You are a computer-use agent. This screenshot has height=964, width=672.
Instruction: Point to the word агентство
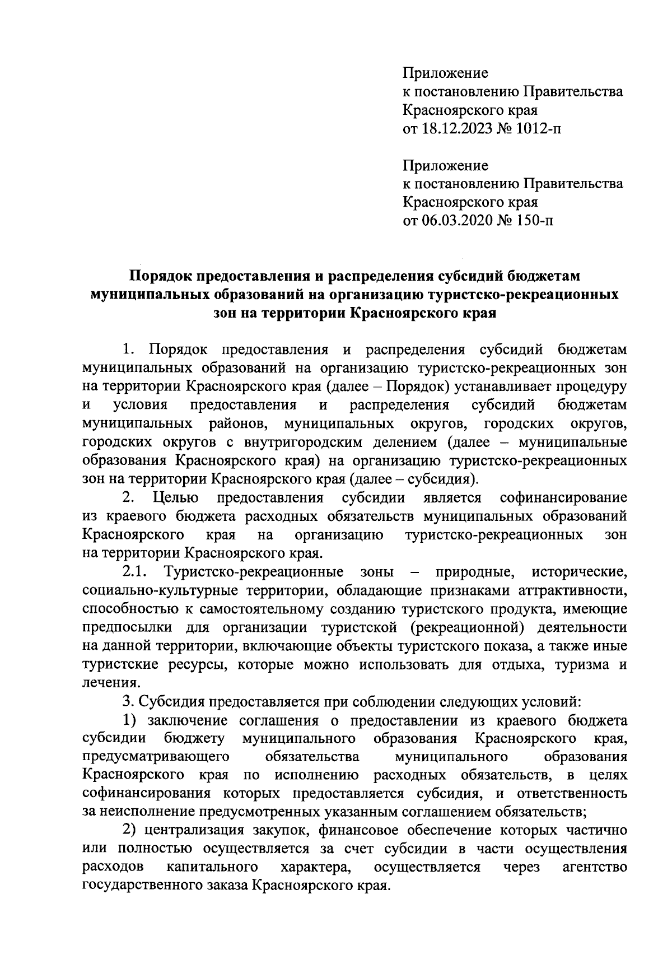point(594,868)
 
